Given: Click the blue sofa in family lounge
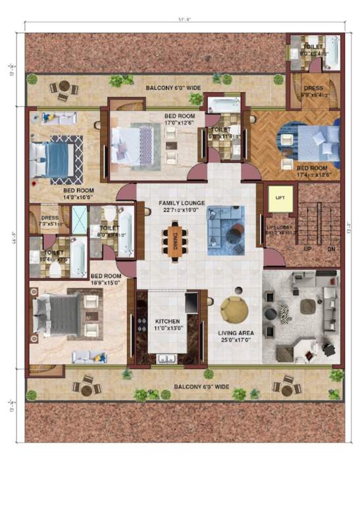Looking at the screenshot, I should (224, 230).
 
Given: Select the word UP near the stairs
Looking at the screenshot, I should (307, 251).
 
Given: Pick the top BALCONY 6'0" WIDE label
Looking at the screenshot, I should (174, 86).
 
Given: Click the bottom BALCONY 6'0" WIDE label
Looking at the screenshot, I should (201, 387).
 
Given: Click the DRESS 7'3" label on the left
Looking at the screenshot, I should (49, 220).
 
